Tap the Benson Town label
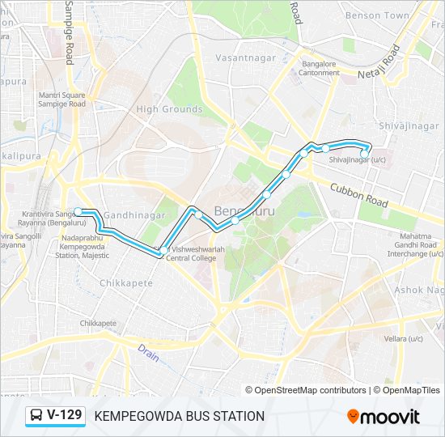pos(377,15)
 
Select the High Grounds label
pos(169,109)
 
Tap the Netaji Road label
pos(380,63)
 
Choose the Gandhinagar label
pos(134,215)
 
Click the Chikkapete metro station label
pos(98,323)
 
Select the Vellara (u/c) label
pos(383,337)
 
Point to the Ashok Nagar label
pos(419,290)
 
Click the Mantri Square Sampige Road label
pos(61,100)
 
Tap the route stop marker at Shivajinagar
pos(365,151)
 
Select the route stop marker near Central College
pos(163,250)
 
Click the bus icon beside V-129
pos(36,416)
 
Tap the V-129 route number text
pos(65,415)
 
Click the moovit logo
pos(384,417)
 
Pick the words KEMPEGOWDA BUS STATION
pos(180,416)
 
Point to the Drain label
pos(147,352)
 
